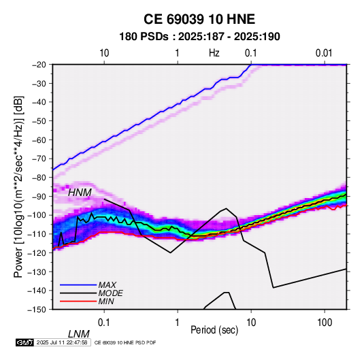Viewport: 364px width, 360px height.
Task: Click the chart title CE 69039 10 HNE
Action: click(199, 19)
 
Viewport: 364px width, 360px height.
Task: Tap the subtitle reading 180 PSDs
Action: click(144, 37)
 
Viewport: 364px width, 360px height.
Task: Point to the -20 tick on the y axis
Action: click(39, 65)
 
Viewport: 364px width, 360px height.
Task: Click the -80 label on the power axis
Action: click(39, 178)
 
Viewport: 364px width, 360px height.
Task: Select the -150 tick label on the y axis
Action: click(37, 310)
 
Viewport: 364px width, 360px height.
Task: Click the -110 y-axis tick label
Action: click(37, 234)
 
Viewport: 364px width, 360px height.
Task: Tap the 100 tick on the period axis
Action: click(325, 323)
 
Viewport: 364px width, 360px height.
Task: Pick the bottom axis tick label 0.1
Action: click(103, 323)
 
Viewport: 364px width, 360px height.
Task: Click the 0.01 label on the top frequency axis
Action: click(324, 53)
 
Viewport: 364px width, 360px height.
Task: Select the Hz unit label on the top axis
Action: click(214, 53)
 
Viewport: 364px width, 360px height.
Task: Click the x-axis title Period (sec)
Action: click(214, 330)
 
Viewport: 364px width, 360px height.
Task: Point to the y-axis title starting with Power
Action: click(18, 186)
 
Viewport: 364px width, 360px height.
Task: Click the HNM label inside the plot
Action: click(80, 193)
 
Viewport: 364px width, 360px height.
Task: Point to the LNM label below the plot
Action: click(79, 334)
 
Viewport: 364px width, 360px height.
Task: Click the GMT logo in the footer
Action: click(24, 342)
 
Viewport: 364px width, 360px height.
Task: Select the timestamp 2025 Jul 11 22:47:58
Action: click(62, 342)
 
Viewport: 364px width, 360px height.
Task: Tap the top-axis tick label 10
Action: click(104, 53)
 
